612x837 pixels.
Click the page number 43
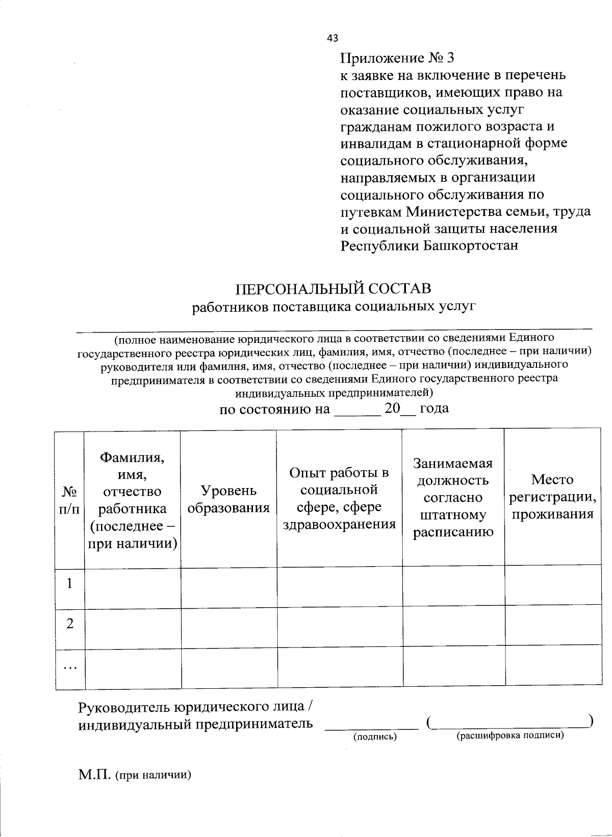pyautogui.click(x=332, y=38)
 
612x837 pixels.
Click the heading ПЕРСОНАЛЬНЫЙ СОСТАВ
pyautogui.click(x=333, y=289)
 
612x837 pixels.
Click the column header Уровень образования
pyautogui.click(x=228, y=499)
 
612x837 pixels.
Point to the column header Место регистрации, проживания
pyautogui.click(x=552, y=497)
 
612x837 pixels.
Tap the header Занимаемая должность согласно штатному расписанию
pyautogui.click(x=453, y=498)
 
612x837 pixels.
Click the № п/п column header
pyautogui.click(x=69, y=500)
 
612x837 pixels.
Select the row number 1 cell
pyautogui.click(x=70, y=583)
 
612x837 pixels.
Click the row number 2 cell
pyautogui.click(x=70, y=624)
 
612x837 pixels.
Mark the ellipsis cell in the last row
pyautogui.click(x=70, y=667)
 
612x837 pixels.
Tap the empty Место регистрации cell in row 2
pyautogui.click(x=553, y=628)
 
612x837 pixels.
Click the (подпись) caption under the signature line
pyautogui.click(x=375, y=736)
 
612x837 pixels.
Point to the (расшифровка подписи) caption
pyautogui.click(x=510, y=735)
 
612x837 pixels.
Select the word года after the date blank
pyautogui.click(x=434, y=409)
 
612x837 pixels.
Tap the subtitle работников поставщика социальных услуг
pyautogui.click(x=333, y=307)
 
